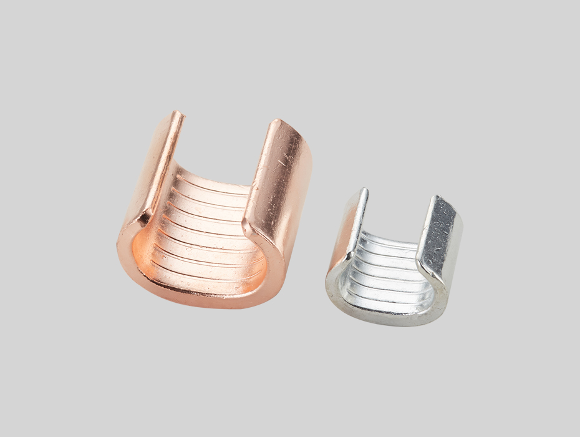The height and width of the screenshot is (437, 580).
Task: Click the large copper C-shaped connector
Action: coord(215,219)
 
